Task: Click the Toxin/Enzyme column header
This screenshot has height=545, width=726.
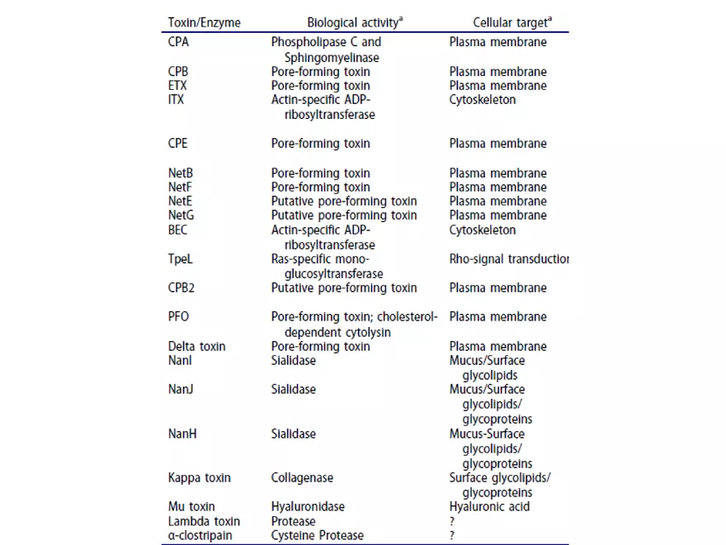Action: (x=204, y=22)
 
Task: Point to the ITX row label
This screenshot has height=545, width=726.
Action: (x=176, y=100)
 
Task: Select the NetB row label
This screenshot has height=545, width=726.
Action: (x=181, y=173)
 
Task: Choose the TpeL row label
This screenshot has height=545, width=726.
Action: (x=181, y=259)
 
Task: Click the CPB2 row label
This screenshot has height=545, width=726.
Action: (x=183, y=288)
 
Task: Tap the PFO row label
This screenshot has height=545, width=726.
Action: (x=179, y=317)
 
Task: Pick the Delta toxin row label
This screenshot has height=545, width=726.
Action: (x=196, y=347)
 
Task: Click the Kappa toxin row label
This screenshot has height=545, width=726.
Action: (x=199, y=478)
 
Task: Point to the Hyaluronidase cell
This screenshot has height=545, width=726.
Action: (x=308, y=506)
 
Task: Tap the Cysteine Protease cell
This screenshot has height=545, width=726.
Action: (x=317, y=535)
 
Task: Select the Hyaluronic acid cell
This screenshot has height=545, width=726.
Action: (x=489, y=506)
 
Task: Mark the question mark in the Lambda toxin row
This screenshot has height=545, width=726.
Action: (x=452, y=521)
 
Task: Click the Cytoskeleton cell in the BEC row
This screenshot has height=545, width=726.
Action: (x=482, y=230)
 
